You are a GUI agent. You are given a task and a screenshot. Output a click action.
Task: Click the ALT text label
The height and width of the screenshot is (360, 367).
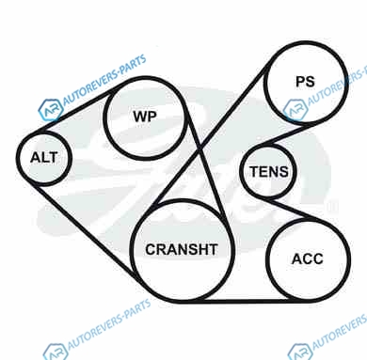pyautogui.click(x=44, y=157)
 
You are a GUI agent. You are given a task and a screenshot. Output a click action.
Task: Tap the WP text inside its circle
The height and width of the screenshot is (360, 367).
pyautogui.click(x=145, y=117)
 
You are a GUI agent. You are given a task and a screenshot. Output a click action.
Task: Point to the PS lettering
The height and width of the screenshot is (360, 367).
pyautogui.click(x=305, y=82)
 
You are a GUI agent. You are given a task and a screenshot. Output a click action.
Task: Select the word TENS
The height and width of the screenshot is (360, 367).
pyautogui.click(x=269, y=172)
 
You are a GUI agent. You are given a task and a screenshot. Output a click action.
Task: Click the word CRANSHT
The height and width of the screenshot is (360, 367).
pyautogui.click(x=182, y=249)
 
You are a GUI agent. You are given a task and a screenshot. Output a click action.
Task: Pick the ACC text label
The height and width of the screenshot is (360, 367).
pyautogui.click(x=308, y=258)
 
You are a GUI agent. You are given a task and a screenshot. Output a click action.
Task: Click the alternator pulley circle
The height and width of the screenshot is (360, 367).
pyautogui.click(x=17, y=158)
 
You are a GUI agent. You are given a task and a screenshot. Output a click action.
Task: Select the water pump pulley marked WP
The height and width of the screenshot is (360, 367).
pyautogui.click(x=104, y=117)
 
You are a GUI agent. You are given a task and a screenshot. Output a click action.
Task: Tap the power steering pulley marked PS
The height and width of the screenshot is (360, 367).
pyautogui.click(x=264, y=83)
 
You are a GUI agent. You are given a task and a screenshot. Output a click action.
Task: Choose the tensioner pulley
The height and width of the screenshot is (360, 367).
pyautogui.click(x=240, y=171)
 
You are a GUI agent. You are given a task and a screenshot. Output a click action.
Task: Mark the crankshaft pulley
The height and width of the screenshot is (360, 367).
pyautogui.click(x=131, y=251)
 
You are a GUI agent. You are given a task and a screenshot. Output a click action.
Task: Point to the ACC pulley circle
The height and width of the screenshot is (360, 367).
pyautogui.click(x=267, y=259)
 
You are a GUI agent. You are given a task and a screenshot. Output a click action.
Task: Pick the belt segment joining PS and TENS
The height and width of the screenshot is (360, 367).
pyautogui.click(x=287, y=134)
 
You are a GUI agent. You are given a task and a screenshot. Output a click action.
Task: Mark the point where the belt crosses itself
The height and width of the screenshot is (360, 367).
pyautogui.click(x=200, y=149)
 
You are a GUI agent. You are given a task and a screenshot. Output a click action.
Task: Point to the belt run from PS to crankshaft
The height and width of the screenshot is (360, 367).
pyautogui.click(x=211, y=134)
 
